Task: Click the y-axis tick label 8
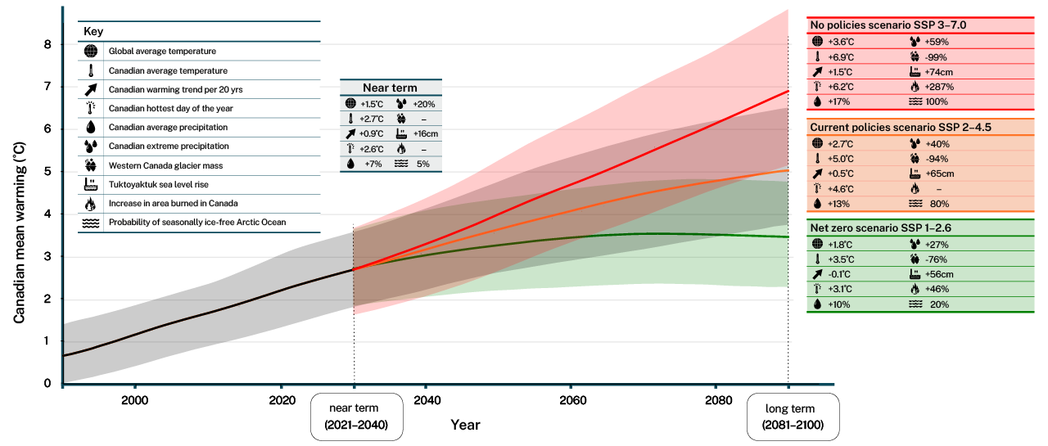click(x=47, y=44)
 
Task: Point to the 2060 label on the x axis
click(x=572, y=401)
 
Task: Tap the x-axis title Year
click(x=465, y=425)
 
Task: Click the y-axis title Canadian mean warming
click(x=19, y=232)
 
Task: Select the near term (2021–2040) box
click(x=356, y=417)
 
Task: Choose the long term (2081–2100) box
click(x=793, y=417)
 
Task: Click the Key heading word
click(x=93, y=31)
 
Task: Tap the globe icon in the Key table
click(x=91, y=51)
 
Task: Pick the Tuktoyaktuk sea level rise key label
click(x=159, y=185)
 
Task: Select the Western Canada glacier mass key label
click(x=165, y=165)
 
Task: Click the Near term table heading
click(x=390, y=88)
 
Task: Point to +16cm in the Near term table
click(x=426, y=134)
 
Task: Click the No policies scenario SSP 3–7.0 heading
click(x=888, y=25)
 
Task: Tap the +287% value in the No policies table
click(x=939, y=87)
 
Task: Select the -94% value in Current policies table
click(x=937, y=159)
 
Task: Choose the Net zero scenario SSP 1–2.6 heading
click(x=880, y=228)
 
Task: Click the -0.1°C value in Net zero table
click(x=839, y=274)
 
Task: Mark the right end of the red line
click(x=788, y=91)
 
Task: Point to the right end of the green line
click(x=788, y=237)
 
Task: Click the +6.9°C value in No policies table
click(x=841, y=57)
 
